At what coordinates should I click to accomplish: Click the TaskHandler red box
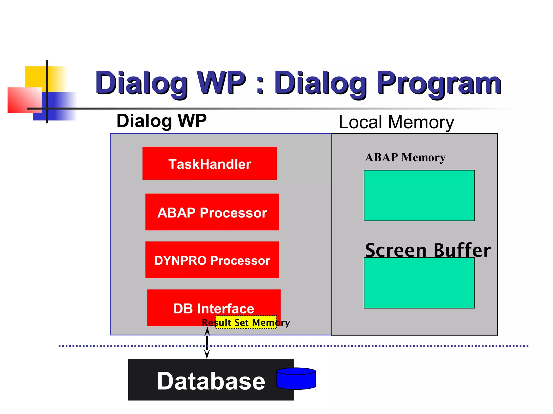210,163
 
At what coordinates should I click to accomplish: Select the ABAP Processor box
212,212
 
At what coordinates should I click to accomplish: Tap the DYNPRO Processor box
212,260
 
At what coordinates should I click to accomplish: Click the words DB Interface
214,308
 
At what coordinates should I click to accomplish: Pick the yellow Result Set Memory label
246,322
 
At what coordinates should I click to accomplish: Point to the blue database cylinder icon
296,379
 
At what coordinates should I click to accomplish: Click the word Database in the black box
211,381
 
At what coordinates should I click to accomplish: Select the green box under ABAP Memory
419,195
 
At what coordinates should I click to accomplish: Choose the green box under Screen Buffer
419,283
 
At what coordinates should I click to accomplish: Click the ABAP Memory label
405,157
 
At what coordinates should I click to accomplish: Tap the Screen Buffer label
427,250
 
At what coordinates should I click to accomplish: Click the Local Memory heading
396,122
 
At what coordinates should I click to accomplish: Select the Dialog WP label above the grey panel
161,121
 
